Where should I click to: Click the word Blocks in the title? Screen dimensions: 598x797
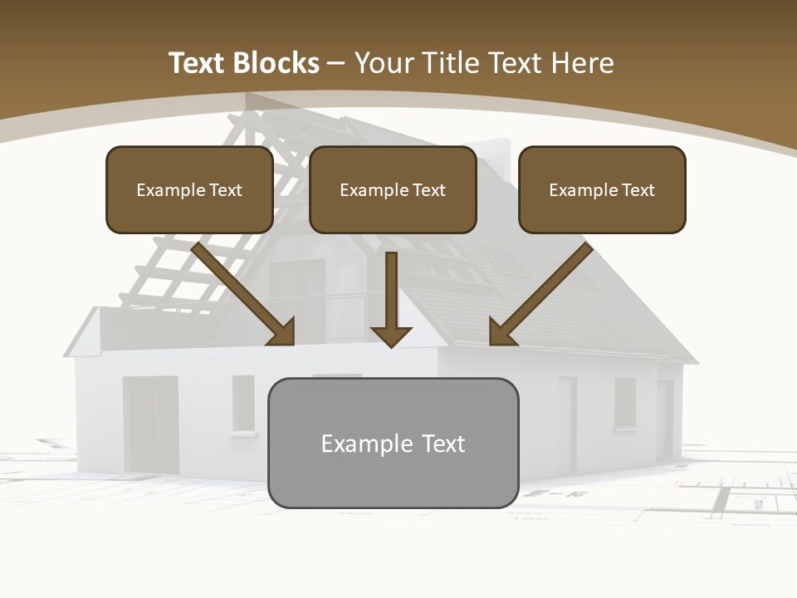[x=276, y=63]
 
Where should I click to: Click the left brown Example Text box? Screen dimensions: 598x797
[x=189, y=189]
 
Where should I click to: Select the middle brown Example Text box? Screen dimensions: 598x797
[x=393, y=189]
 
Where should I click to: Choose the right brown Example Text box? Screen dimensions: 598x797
[x=602, y=189]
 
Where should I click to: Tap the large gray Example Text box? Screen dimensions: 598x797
[x=393, y=443]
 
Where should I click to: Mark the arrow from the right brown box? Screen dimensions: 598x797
[x=540, y=295]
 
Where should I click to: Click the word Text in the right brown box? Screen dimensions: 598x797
[x=638, y=190]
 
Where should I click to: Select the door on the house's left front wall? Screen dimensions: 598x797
[x=151, y=424]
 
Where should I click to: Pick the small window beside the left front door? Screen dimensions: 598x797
[x=243, y=404]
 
